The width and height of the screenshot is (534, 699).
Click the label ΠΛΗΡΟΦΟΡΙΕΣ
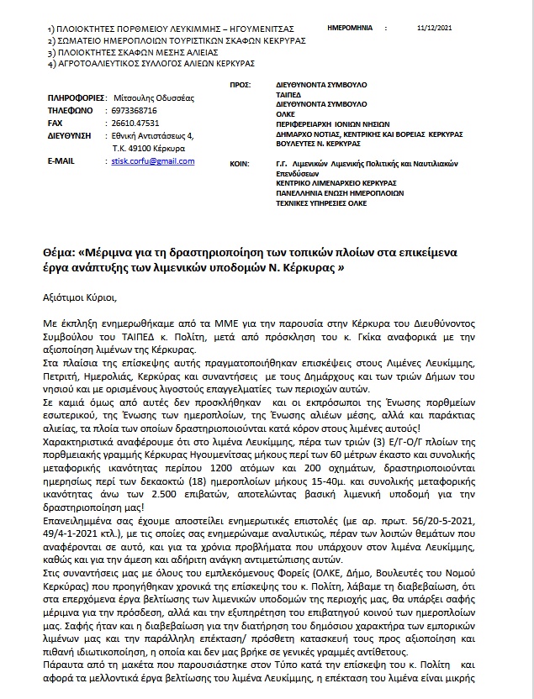tap(75, 98)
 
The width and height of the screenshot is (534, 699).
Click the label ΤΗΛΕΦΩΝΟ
tap(70, 110)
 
